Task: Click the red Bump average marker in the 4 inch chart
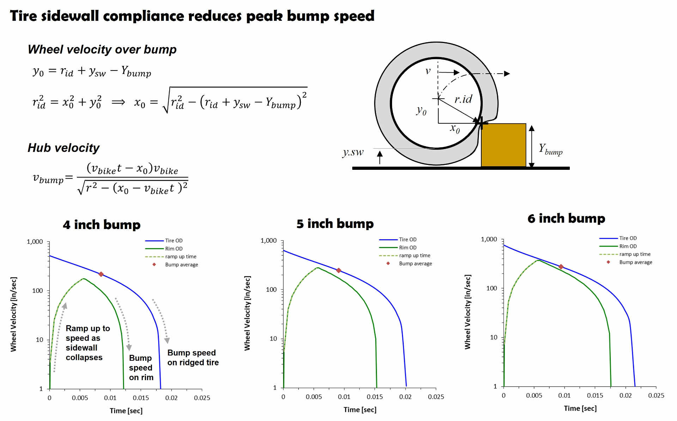click(101, 274)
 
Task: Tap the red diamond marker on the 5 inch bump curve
click(338, 270)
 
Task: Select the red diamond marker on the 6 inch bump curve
click(561, 267)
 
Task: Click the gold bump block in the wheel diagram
click(504, 145)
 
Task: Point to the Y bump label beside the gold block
click(550, 149)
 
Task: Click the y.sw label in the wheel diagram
click(353, 152)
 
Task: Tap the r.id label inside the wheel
click(463, 99)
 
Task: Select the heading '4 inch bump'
click(102, 225)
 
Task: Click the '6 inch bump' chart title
click(566, 218)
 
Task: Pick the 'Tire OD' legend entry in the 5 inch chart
click(407, 240)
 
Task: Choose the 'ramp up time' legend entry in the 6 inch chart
click(635, 254)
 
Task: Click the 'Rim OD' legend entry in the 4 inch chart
click(173, 249)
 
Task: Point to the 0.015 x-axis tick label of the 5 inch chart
click(374, 397)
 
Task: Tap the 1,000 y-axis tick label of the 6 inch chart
click(489, 239)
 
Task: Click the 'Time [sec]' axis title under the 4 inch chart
click(126, 411)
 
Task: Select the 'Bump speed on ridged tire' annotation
click(193, 358)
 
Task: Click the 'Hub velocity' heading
click(63, 148)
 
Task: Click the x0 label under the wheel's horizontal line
click(455, 129)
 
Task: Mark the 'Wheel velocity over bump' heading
click(102, 50)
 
